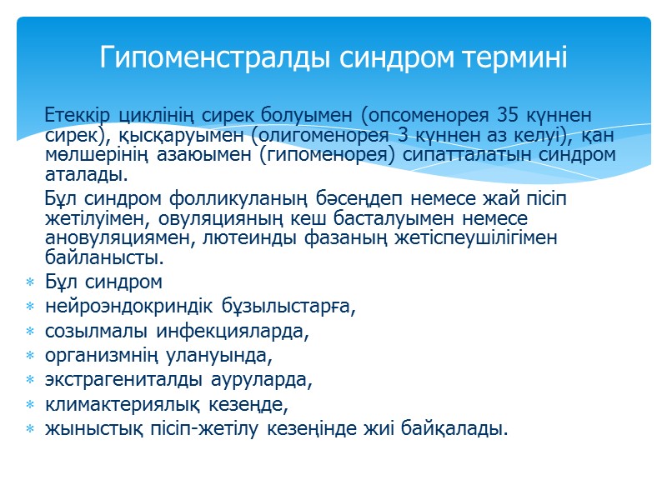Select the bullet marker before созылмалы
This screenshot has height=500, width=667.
[30, 332]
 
